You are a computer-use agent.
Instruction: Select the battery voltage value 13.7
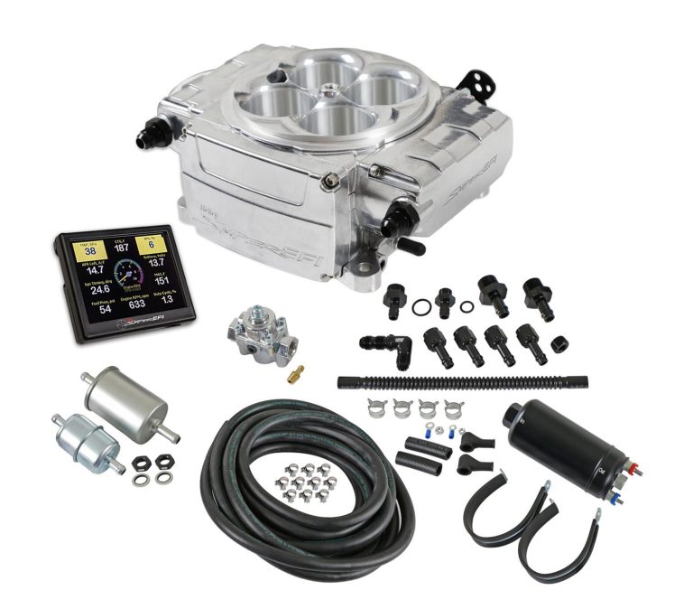[156, 262]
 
